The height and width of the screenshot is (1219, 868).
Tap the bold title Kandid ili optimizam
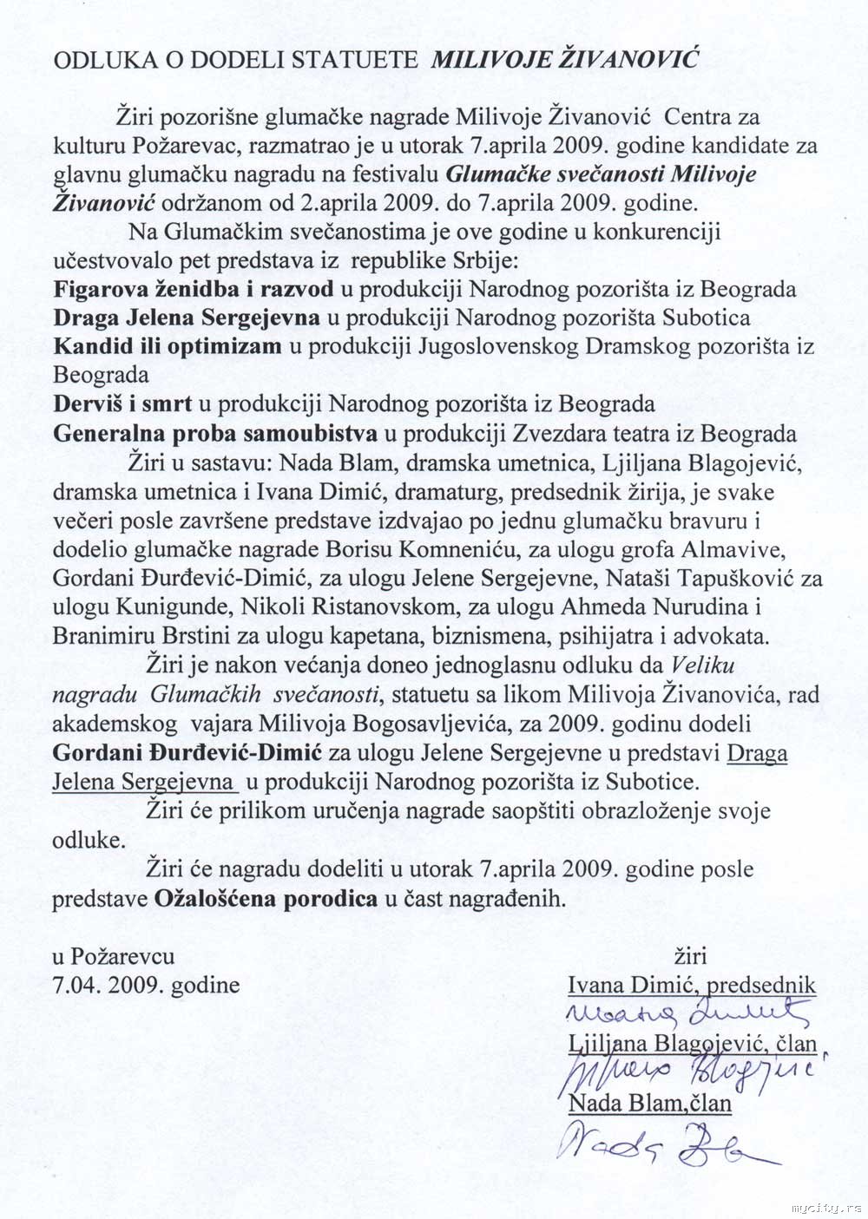click(x=168, y=346)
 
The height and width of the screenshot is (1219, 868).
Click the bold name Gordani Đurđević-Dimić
click(x=178, y=751)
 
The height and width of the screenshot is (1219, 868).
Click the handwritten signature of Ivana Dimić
click(x=686, y=1013)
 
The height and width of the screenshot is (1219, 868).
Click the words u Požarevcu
click(x=113, y=956)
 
